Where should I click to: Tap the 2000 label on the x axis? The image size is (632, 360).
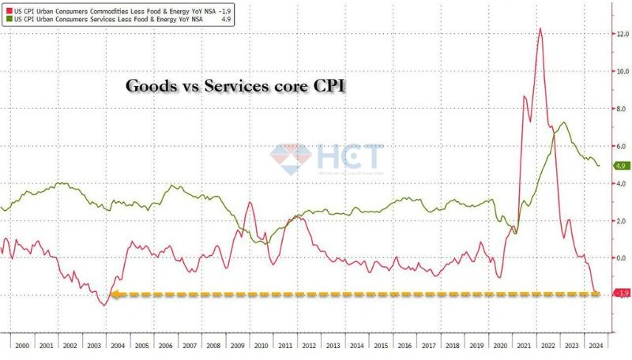coord(21,345)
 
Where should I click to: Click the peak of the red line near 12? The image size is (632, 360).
coord(540,29)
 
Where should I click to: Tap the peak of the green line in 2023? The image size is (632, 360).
coord(563,122)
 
